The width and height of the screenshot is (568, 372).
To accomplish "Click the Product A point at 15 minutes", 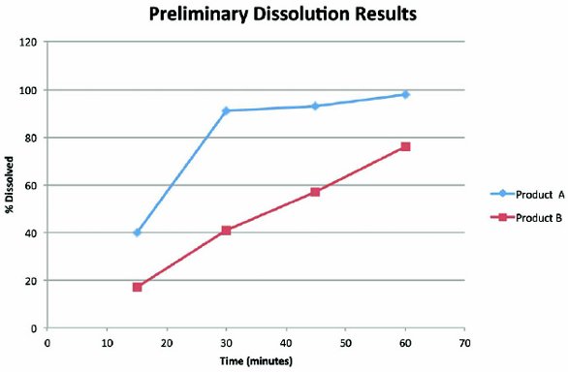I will [138, 232].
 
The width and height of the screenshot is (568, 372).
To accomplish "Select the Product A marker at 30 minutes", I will [226, 110].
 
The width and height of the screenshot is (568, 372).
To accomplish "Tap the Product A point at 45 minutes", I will [315, 106].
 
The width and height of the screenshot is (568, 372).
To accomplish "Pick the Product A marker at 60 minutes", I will [405, 94].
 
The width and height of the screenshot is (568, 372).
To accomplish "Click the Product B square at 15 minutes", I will [138, 287].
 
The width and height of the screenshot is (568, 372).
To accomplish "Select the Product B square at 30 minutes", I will [226, 231].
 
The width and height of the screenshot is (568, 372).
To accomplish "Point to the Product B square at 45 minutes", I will [315, 192].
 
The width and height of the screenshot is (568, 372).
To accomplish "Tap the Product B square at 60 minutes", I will [405, 146].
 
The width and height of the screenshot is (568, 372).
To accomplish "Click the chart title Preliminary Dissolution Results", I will [284, 15].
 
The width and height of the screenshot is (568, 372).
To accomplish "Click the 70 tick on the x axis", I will [465, 341].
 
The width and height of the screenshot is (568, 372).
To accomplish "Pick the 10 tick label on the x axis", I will [107, 341].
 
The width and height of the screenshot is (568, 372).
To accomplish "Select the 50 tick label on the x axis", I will [345, 341].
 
